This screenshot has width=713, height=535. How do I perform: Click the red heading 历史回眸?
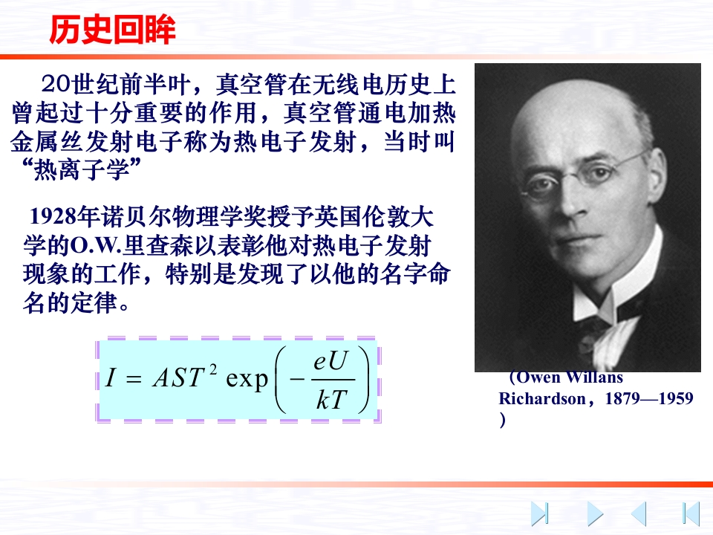[x=112, y=30]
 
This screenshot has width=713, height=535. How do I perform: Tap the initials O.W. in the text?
[x=96, y=246]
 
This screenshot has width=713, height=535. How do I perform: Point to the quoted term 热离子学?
[x=81, y=169]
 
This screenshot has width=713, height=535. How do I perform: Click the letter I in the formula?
[x=110, y=377]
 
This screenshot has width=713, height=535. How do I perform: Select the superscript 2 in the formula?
[x=213, y=369]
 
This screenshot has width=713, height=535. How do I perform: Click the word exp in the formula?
[x=247, y=380]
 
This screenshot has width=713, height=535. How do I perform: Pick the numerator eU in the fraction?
[x=331, y=361]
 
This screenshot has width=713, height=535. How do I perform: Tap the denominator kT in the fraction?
[x=331, y=400]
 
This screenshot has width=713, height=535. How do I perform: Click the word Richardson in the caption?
[x=542, y=398]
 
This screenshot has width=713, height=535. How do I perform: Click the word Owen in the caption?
[x=538, y=377]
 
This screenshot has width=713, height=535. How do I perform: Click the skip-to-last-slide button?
[x=540, y=513]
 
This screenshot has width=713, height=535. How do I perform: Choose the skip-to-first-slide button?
[x=691, y=513]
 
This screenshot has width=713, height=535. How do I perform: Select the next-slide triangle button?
[x=595, y=513]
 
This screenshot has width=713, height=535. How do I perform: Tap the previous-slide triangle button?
[x=639, y=513]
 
